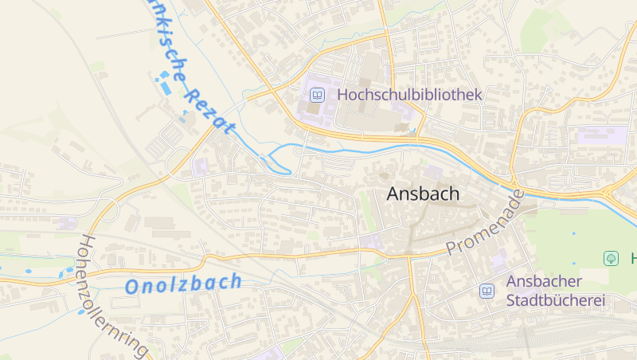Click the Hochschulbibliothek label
point(409,95)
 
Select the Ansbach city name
point(423,194)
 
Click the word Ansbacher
point(544,282)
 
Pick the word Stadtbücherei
point(556,301)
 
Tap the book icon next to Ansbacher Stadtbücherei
point(487,292)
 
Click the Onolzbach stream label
point(183,283)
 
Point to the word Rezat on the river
point(209,110)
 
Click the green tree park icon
point(611,258)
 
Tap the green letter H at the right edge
point(633,258)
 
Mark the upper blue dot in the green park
point(573,233)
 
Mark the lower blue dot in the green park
point(573,263)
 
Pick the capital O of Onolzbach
point(133,287)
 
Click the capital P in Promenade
point(453,248)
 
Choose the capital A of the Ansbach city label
point(394,194)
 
